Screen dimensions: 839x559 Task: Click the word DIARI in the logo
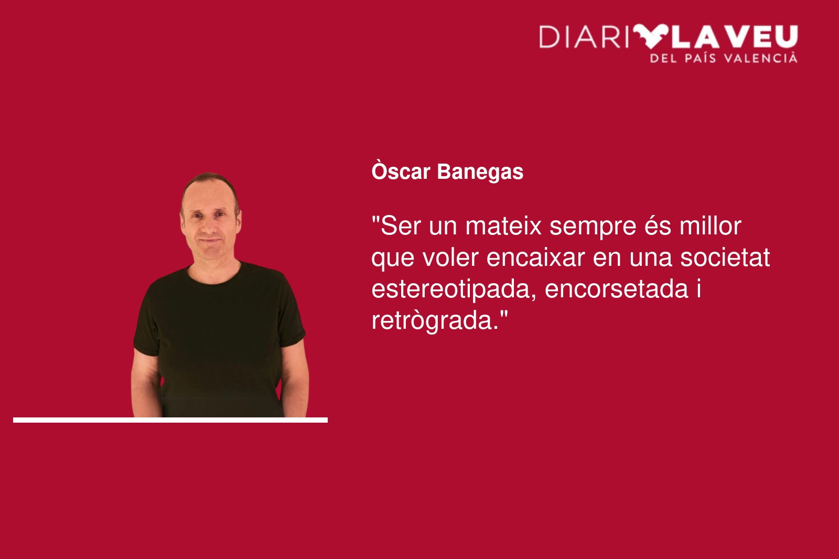(584, 37)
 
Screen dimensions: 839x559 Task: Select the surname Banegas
(480, 173)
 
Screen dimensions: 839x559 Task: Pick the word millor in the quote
(711, 225)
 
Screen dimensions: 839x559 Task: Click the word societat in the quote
(725, 257)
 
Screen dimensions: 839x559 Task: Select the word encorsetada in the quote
(617, 289)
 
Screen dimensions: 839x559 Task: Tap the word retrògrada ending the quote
(435, 321)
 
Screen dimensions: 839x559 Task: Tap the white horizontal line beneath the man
(170, 420)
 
